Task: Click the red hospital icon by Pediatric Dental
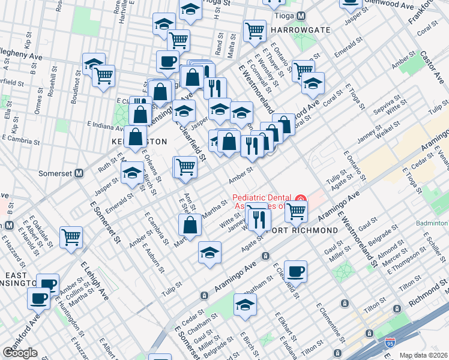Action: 301,199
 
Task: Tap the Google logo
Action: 20,353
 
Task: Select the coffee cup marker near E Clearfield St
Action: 295,271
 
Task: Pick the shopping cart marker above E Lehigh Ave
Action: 71,237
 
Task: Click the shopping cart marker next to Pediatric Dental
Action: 295,211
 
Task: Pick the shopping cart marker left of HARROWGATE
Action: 255,30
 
